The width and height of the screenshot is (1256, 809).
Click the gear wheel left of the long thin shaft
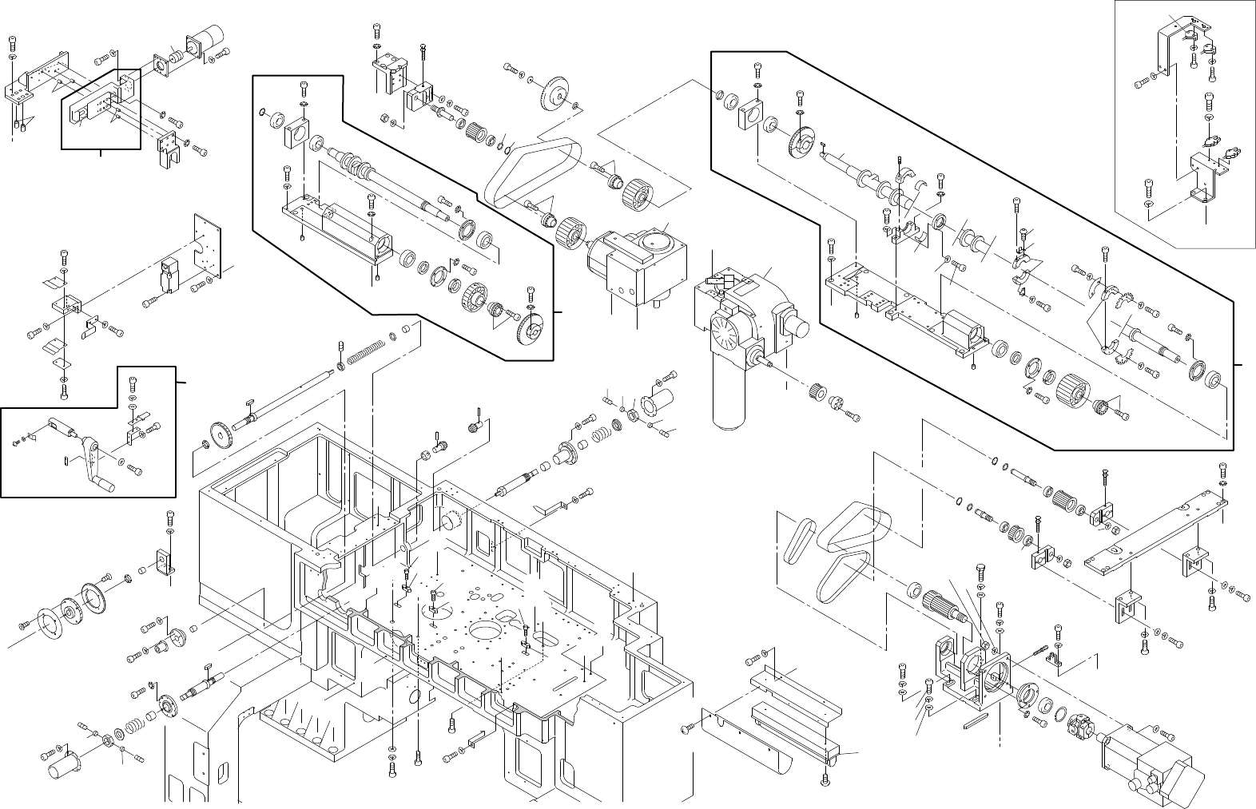pyautogui.click(x=219, y=431)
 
